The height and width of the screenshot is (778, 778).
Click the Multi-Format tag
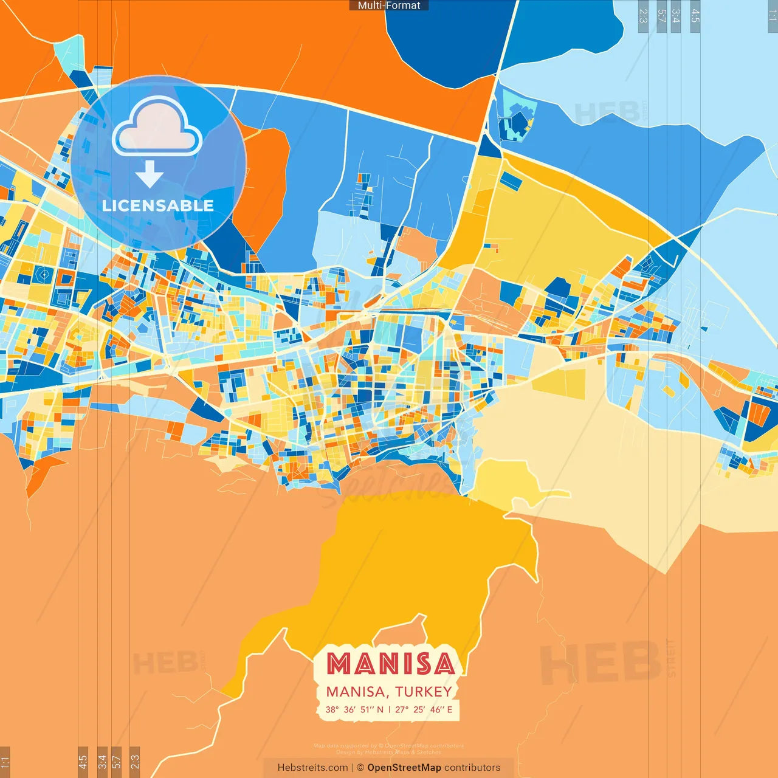(389, 5)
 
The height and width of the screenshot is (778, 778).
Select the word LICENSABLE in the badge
(158, 205)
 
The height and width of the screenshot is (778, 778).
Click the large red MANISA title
(390, 664)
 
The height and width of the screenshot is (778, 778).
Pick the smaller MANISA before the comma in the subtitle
(355, 692)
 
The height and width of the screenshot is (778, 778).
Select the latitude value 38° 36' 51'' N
(354, 709)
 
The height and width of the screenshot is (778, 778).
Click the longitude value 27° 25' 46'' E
(424, 709)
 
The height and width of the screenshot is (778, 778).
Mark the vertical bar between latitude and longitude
(389, 709)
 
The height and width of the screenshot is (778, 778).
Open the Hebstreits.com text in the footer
(312, 768)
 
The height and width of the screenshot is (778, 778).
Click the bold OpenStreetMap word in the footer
(404, 768)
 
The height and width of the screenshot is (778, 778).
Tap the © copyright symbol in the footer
(360, 768)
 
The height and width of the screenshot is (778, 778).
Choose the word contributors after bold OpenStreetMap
(472, 768)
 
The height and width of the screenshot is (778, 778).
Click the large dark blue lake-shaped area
(450, 36)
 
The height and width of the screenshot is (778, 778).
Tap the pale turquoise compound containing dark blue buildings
(517, 115)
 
